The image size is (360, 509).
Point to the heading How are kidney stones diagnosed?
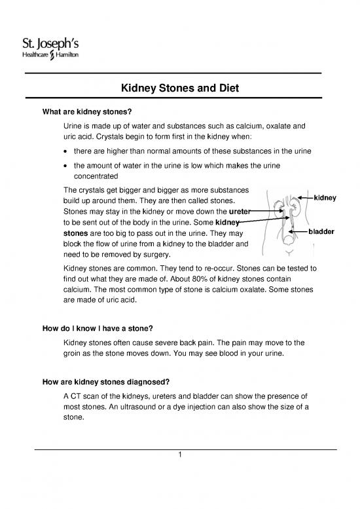point(108,381)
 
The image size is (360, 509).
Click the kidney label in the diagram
point(325,197)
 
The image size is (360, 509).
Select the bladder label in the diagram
point(322,232)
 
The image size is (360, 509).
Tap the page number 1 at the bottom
point(179,457)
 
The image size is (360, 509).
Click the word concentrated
point(95,176)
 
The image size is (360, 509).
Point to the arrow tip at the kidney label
point(299,197)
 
